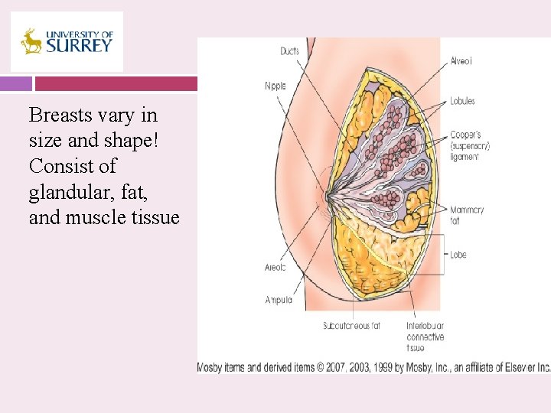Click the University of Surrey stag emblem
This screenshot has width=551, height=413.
31,41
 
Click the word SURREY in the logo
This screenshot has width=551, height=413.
78,45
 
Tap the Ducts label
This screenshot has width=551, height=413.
289,52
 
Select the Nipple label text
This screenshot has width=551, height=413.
275,86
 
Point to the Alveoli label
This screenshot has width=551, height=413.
461,61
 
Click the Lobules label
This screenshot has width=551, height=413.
462,101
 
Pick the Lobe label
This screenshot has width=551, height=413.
458,255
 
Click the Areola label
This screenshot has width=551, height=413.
275,268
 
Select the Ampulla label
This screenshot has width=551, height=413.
278,300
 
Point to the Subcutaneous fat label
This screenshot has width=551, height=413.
351,326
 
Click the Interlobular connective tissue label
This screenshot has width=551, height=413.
425,337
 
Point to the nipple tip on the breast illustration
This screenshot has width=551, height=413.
327,197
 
